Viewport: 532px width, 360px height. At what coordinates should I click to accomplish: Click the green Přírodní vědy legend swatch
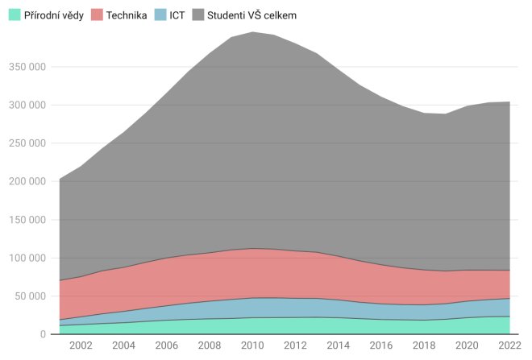pos(14,14)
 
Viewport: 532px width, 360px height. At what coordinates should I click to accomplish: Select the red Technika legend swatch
pos(96,14)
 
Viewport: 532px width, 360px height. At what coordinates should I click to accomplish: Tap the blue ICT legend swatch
pos(160,14)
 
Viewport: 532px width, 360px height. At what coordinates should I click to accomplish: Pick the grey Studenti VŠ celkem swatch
pos(198,14)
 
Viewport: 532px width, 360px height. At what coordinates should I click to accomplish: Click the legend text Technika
pos(126,14)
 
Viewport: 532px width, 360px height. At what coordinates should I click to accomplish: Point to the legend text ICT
pos(177,14)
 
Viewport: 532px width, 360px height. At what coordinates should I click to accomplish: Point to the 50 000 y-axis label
pos(29,296)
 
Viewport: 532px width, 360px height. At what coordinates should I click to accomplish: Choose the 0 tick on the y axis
pos(42,334)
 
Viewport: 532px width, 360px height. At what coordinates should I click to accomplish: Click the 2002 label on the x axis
pos(81,347)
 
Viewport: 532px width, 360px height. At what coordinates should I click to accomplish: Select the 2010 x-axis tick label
pos(251,347)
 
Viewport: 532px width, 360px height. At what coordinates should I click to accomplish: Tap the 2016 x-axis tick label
pos(380,347)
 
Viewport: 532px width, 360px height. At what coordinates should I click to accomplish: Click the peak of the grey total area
pos(251,33)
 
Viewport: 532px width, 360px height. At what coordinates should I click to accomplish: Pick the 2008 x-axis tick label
pos(209,347)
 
